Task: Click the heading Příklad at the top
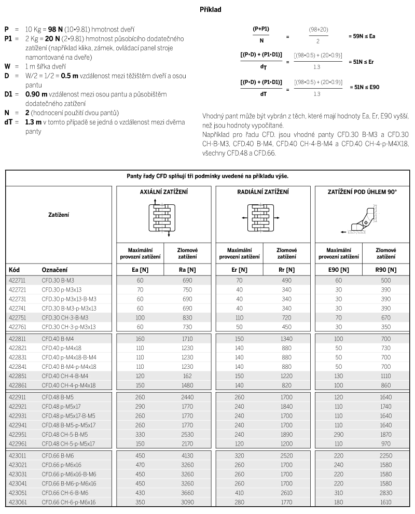tap(211, 9)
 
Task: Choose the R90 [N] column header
tap(385, 270)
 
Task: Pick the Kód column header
tap(15, 270)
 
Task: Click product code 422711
tap(18, 280)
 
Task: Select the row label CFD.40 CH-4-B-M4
tap(65, 376)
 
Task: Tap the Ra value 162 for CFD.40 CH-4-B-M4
tap(187, 376)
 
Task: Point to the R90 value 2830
tap(385, 493)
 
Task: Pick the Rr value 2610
tap(286, 493)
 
